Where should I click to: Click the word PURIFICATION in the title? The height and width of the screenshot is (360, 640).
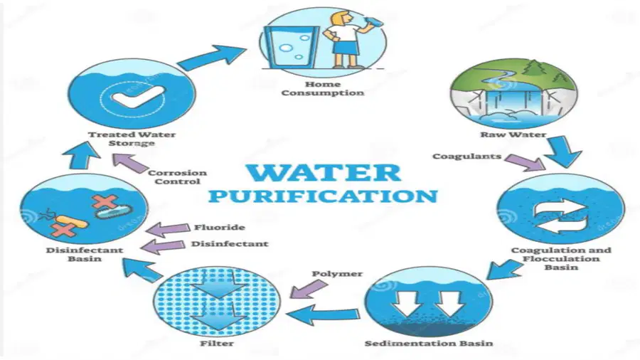click(x=323, y=196)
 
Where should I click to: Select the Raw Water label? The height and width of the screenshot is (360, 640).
click(x=513, y=134)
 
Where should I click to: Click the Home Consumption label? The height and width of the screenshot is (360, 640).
click(x=322, y=88)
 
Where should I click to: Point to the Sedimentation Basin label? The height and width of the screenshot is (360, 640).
click(x=429, y=343)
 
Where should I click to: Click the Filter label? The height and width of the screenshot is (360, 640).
click(x=217, y=343)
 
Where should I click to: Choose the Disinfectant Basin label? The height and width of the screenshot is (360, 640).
click(x=85, y=254)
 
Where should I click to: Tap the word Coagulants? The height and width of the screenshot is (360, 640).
click(x=467, y=157)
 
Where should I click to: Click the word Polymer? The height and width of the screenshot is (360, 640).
click(x=337, y=274)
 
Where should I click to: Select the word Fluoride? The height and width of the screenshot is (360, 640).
click(x=220, y=228)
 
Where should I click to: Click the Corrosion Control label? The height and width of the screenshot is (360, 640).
click(x=177, y=177)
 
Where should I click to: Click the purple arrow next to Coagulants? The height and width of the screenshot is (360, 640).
click(x=526, y=162)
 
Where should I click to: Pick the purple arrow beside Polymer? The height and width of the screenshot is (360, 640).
click(x=309, y=290)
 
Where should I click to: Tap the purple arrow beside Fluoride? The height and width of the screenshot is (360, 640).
click(x=167, y=229)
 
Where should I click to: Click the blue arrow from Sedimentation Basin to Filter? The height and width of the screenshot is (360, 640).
click(x=322, y=315)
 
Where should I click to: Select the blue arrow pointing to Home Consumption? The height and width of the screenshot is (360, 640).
click(x=212, y=58)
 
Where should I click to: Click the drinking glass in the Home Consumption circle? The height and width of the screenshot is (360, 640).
click(x=290, y=46)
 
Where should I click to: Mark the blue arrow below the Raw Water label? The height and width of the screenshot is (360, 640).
click(x=564, y=152)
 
